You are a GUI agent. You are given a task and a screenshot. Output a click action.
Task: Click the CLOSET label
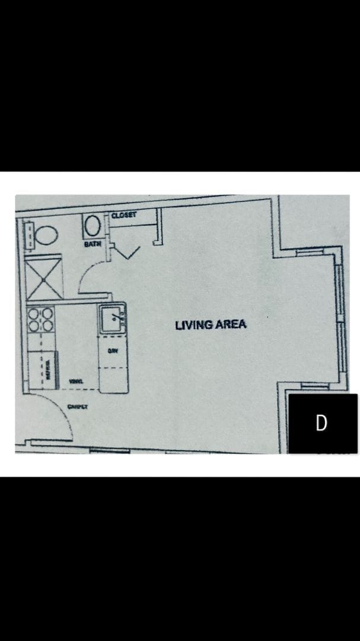124,215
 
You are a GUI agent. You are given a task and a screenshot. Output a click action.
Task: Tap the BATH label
92,244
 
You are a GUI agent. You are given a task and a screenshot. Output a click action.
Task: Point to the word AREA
230,325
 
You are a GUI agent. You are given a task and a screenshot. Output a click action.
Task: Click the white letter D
321,423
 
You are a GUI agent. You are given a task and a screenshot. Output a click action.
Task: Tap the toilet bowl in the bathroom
46,235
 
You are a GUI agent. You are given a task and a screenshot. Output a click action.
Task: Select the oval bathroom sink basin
93,226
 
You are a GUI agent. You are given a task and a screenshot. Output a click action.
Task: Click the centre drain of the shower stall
44,278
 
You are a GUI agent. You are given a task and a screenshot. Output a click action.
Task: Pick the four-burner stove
40,319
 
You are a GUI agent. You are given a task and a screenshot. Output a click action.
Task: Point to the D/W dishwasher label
112,351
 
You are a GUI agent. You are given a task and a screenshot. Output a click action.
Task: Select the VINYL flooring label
76,381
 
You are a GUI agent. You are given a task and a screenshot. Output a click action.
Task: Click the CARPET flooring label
78,407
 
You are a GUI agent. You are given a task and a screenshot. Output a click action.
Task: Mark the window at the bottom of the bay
315,386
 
